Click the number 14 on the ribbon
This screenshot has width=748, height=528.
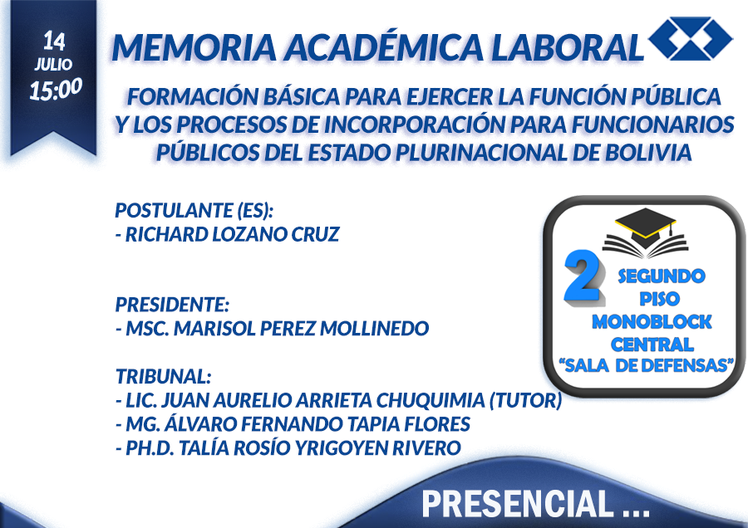(x=54, y=41)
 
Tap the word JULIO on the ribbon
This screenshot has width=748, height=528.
(x=53, y=64)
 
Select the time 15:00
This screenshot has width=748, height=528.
(x=56, y=89)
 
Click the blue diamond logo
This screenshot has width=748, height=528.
(x=691, y=38)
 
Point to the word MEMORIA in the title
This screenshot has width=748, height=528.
(x=194, y=47)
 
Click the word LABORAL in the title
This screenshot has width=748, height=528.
(x=567, y=47)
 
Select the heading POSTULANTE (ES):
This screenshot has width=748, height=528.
(x=194, y=211)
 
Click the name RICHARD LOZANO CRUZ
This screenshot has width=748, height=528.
(x=228, y=234)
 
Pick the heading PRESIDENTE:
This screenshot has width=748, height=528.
(x=172, y=305)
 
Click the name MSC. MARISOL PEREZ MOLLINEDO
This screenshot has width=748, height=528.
(x=273, y=328)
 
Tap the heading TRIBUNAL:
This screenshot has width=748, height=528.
(x=163, y=376)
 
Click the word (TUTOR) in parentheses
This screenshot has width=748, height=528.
(x=526, y=400)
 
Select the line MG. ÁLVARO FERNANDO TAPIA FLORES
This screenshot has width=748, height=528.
(x=293, y=423)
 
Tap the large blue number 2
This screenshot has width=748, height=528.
(x=583, y=276)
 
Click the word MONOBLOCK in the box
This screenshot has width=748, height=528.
(x=652, y=322)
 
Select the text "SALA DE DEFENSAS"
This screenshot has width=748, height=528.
(x=646, y=365)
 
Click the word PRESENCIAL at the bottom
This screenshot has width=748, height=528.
(x=518, y=504)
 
